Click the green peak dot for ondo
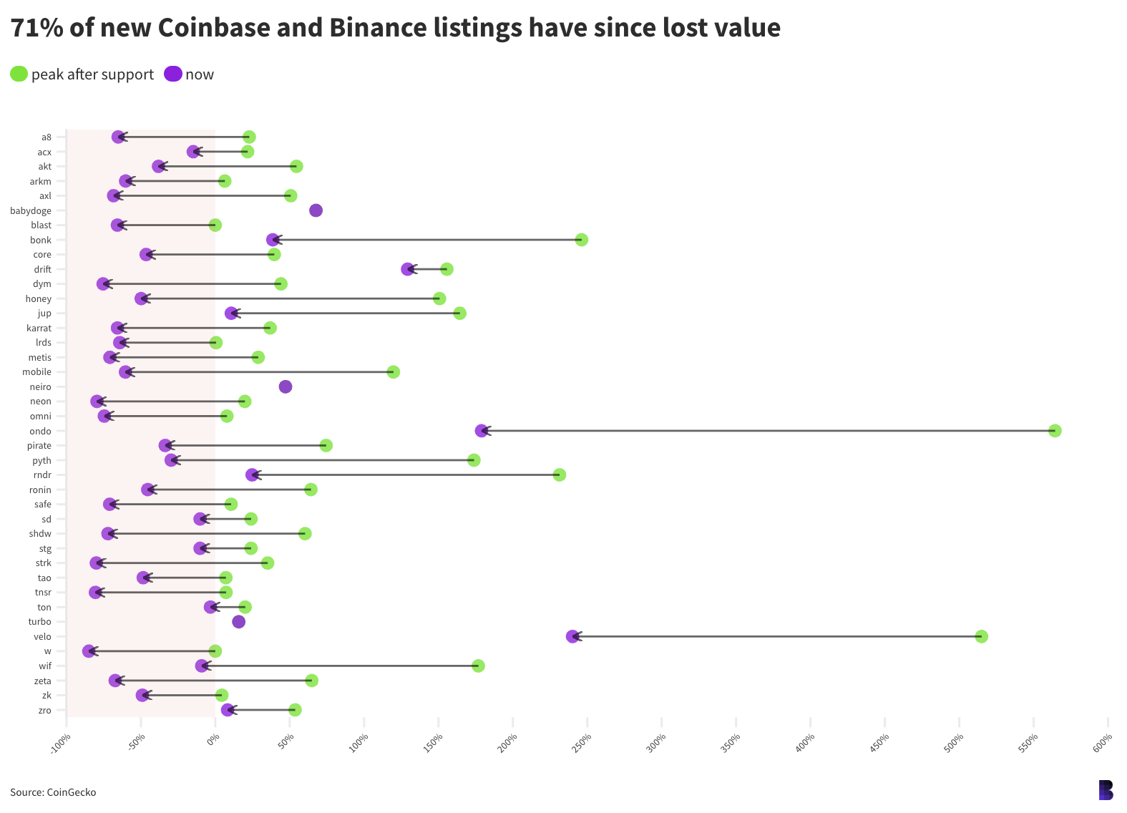pos(1055,431)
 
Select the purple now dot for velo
pos(572,636)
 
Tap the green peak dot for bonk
pos(582,240)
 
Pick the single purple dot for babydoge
pos(316,210)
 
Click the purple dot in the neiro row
pos(286,387)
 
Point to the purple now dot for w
pos(89,651)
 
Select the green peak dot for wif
pos(479,666)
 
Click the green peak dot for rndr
pos(560,475)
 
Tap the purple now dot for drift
pos(408,269)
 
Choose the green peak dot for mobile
pos(394,372)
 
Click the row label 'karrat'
pos(39,328)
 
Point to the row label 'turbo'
pos(40,622)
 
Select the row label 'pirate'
pos(39,446)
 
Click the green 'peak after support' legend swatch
pos(19,74)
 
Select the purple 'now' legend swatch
pos(173,74)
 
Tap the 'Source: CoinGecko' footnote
pos(53,792)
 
